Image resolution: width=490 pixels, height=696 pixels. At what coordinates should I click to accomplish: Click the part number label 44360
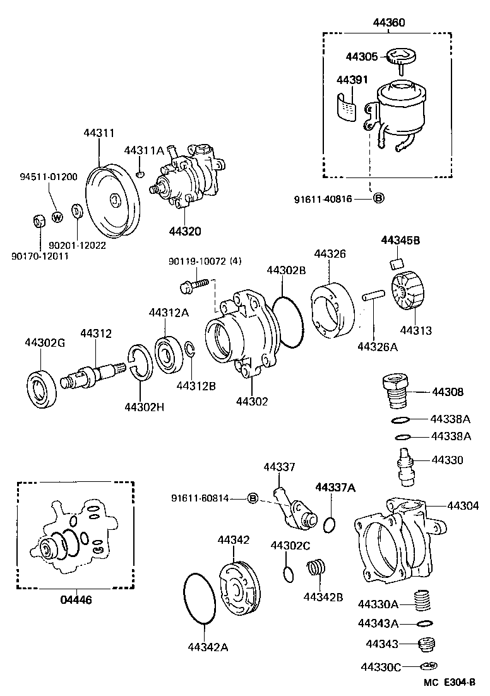click(x=388, y=23)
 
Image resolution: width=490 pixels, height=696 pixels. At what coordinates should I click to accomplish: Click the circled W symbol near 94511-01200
click(x=57, y=217)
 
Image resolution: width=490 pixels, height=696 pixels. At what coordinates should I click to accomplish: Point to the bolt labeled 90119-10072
click(x=194, y=285)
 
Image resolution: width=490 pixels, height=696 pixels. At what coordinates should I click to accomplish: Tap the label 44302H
click(x=144, y=407)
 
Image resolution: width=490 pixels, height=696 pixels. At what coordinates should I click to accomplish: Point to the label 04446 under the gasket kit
click(x=75, y=599)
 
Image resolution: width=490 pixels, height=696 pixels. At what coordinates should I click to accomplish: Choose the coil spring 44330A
click(x=425, y=601)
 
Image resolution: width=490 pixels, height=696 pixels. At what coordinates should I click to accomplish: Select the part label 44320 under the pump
click(x=185, y=231)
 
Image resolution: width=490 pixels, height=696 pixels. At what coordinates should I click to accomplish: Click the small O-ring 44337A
click(x=328, y=524)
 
